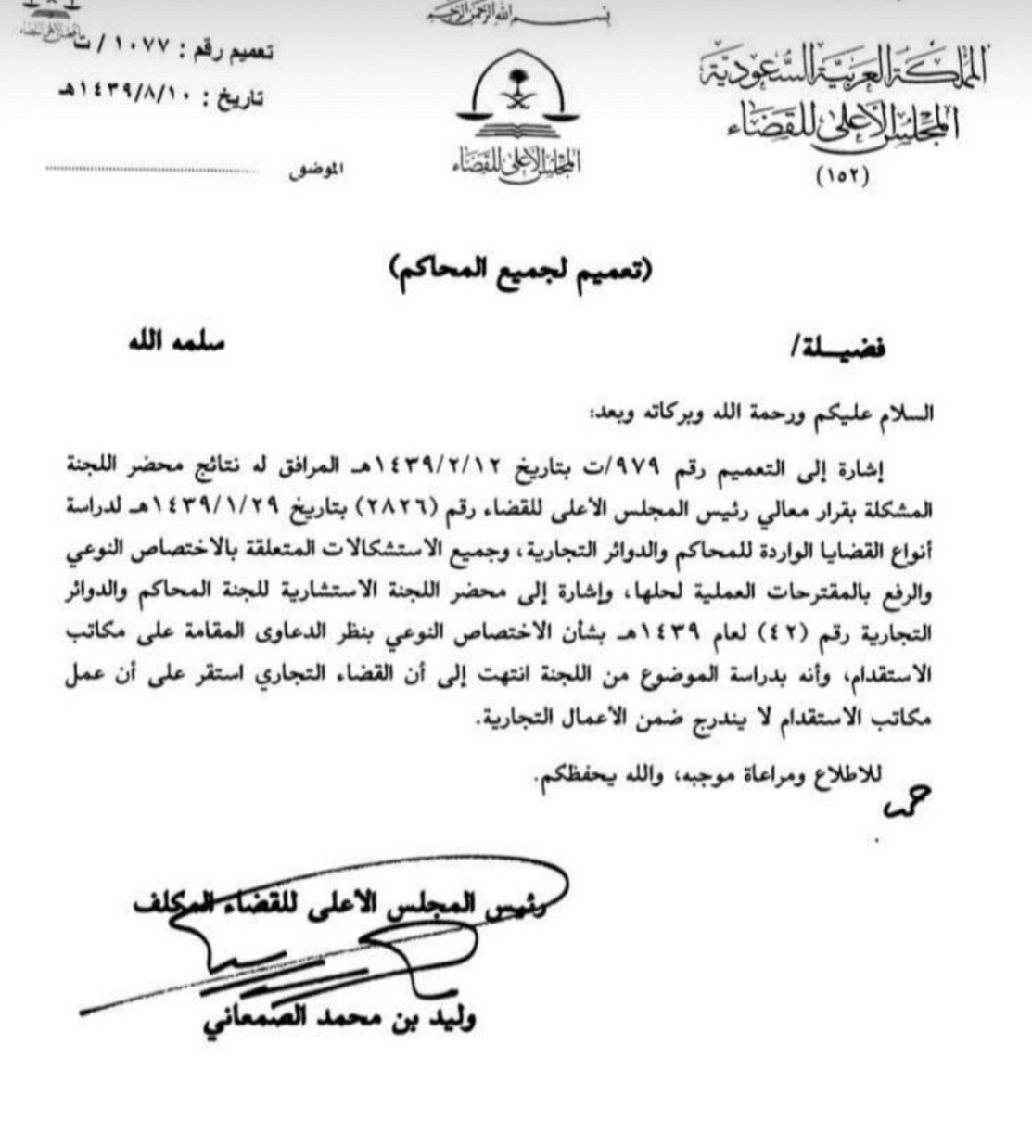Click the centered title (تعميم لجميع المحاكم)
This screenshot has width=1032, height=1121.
coord(518,270)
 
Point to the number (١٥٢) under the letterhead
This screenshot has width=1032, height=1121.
coord(841,177)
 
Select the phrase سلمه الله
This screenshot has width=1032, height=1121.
coord(176,341)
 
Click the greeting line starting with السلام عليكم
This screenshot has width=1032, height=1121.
coord(761,414)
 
